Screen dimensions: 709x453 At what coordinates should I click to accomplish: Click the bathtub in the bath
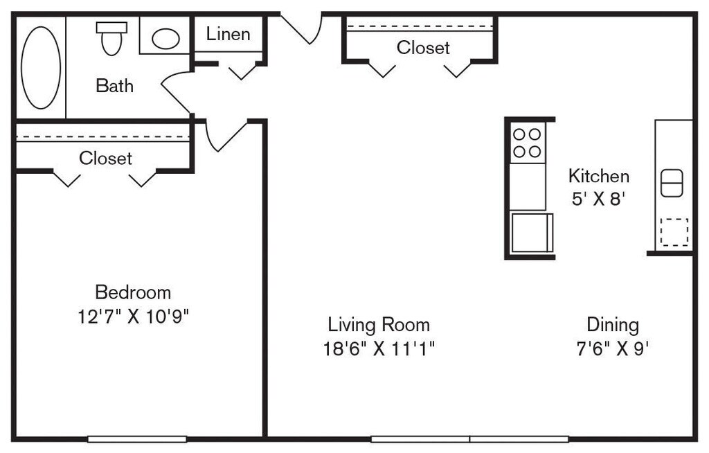coord(41,67)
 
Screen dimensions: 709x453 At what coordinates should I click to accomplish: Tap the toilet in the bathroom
coord(111,39)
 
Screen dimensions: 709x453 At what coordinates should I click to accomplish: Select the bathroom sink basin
coord(165,39)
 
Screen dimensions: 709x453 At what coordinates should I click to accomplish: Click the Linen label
coord(228,34)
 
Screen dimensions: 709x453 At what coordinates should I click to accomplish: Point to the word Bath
coord(114,85)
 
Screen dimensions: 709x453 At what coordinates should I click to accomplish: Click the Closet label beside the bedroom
coord(105,158)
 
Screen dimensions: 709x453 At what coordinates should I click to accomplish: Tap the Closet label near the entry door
coord(423,48)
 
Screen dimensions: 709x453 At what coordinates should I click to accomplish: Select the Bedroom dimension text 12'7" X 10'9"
coord(133,317)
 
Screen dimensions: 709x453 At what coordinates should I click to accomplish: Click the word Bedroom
coord(133,292)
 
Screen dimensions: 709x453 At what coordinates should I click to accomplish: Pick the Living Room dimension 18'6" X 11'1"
coord(379,348)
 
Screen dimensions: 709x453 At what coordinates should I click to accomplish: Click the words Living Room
coord(379,324)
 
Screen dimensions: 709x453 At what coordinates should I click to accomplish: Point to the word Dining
coord(613,324)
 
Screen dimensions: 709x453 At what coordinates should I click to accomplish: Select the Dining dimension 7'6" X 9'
coord(613,348)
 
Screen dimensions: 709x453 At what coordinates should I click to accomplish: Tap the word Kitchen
coord(599,175)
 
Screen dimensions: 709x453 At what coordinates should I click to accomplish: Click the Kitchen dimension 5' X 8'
coord(599,199)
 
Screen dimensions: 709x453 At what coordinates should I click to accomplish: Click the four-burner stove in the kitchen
coord(527,143)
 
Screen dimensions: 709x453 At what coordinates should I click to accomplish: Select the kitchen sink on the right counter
coord(672,183)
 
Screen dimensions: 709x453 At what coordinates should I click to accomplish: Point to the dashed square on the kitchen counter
coord(674,232)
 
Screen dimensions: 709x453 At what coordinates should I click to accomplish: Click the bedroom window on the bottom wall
coord(137,439)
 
